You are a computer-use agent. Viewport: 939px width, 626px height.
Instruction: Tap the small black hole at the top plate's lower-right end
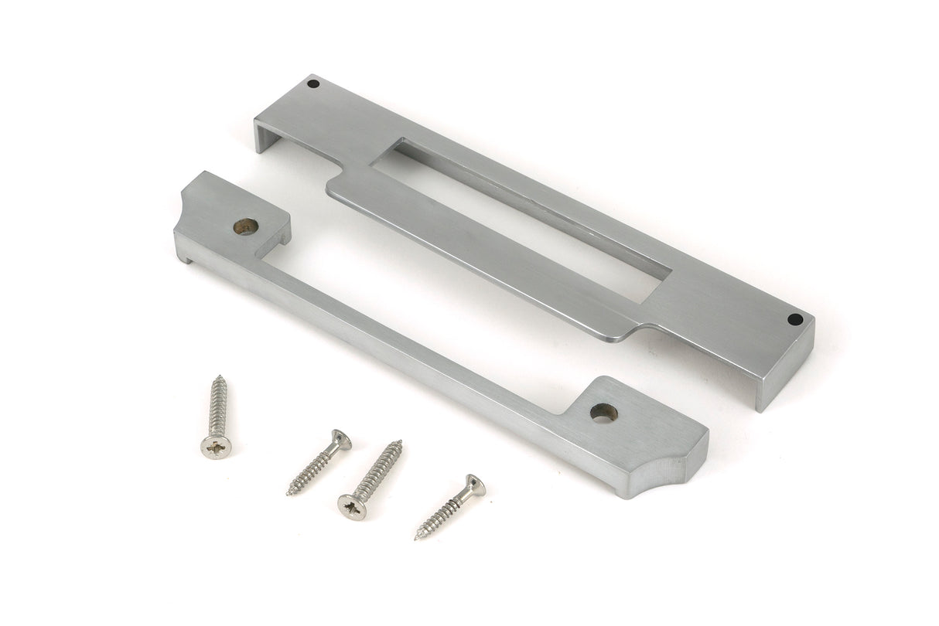[794, 318]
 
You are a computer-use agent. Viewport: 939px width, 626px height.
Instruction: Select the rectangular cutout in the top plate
[518, 219]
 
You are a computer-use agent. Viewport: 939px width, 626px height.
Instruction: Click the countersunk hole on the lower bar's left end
[246, 226]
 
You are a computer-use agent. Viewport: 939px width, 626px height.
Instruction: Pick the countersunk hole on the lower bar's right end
[603, 413]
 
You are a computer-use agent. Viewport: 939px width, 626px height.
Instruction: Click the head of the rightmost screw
[475, 486]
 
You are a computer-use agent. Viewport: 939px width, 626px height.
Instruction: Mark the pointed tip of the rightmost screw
[418, 536]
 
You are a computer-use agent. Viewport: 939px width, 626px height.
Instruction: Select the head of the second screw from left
[340, 440]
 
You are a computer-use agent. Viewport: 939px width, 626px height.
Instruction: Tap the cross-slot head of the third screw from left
[351, 508]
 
